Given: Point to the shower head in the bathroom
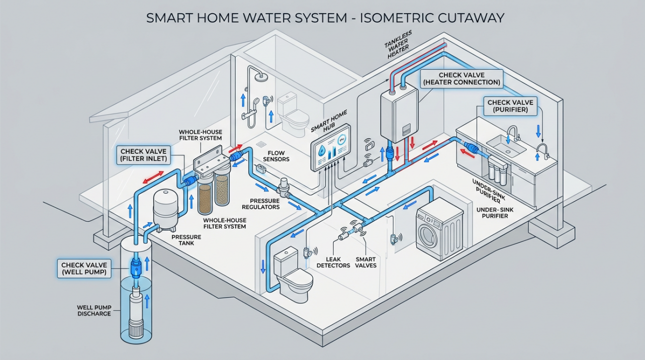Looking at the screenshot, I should coord(260,76).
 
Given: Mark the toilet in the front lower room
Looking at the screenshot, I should coord(291,277).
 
